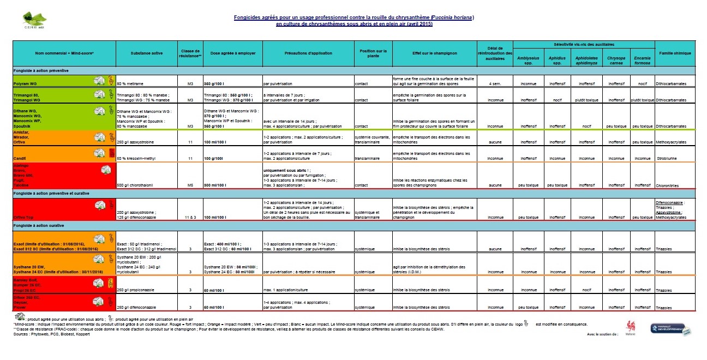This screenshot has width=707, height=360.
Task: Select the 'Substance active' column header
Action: click(147, 53)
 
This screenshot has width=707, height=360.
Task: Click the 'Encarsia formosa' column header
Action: click(643, 60)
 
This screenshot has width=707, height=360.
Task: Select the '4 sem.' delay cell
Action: click(495, 84)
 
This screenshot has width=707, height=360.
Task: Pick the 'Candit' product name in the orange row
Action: click(20, 159)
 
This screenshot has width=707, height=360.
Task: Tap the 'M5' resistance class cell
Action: click(190, 185)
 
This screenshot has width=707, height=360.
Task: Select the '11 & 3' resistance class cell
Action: click(190, 217)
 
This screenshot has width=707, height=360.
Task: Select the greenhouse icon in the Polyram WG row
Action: click(99, 80)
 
